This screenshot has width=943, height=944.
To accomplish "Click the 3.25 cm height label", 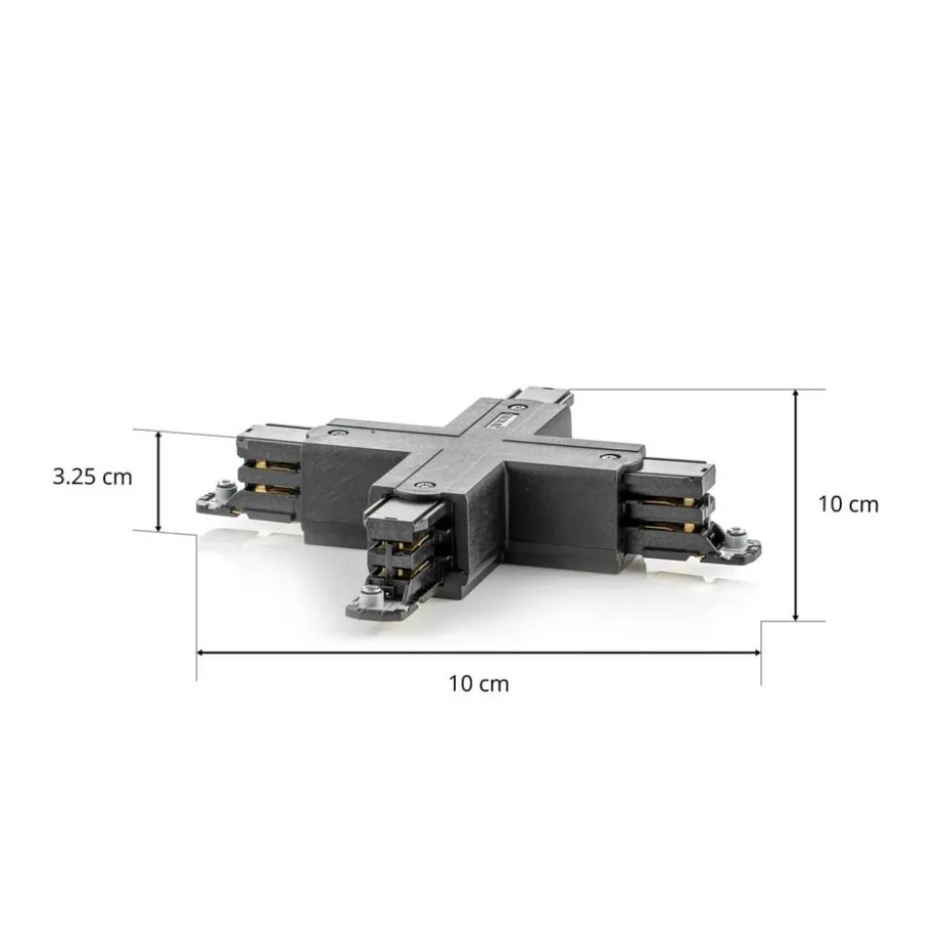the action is (x=92, y=476).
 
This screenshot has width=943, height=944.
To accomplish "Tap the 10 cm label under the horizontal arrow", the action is (x=478, y=683).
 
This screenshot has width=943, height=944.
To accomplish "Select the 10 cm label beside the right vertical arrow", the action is (x=849, y=504).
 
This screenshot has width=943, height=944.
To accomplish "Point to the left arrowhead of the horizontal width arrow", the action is (x=202, y=652).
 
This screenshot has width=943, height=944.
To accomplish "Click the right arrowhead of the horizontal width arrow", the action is (x=755, y=652).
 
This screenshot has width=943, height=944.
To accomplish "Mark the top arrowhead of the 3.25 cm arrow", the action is (x=158, y=436).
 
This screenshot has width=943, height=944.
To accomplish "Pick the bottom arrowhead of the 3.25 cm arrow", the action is (x=158, y=527).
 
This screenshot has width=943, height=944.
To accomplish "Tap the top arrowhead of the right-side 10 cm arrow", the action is (x=795, y=395).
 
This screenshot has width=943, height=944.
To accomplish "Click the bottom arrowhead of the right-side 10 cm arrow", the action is (x=795, y=615).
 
